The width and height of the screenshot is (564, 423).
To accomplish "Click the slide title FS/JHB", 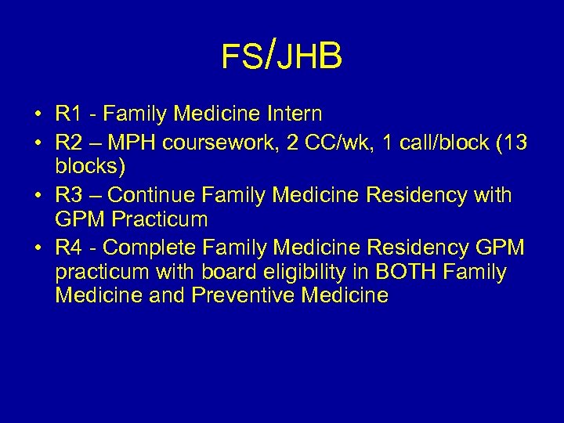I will pyautogui.click(x=282, y=56).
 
